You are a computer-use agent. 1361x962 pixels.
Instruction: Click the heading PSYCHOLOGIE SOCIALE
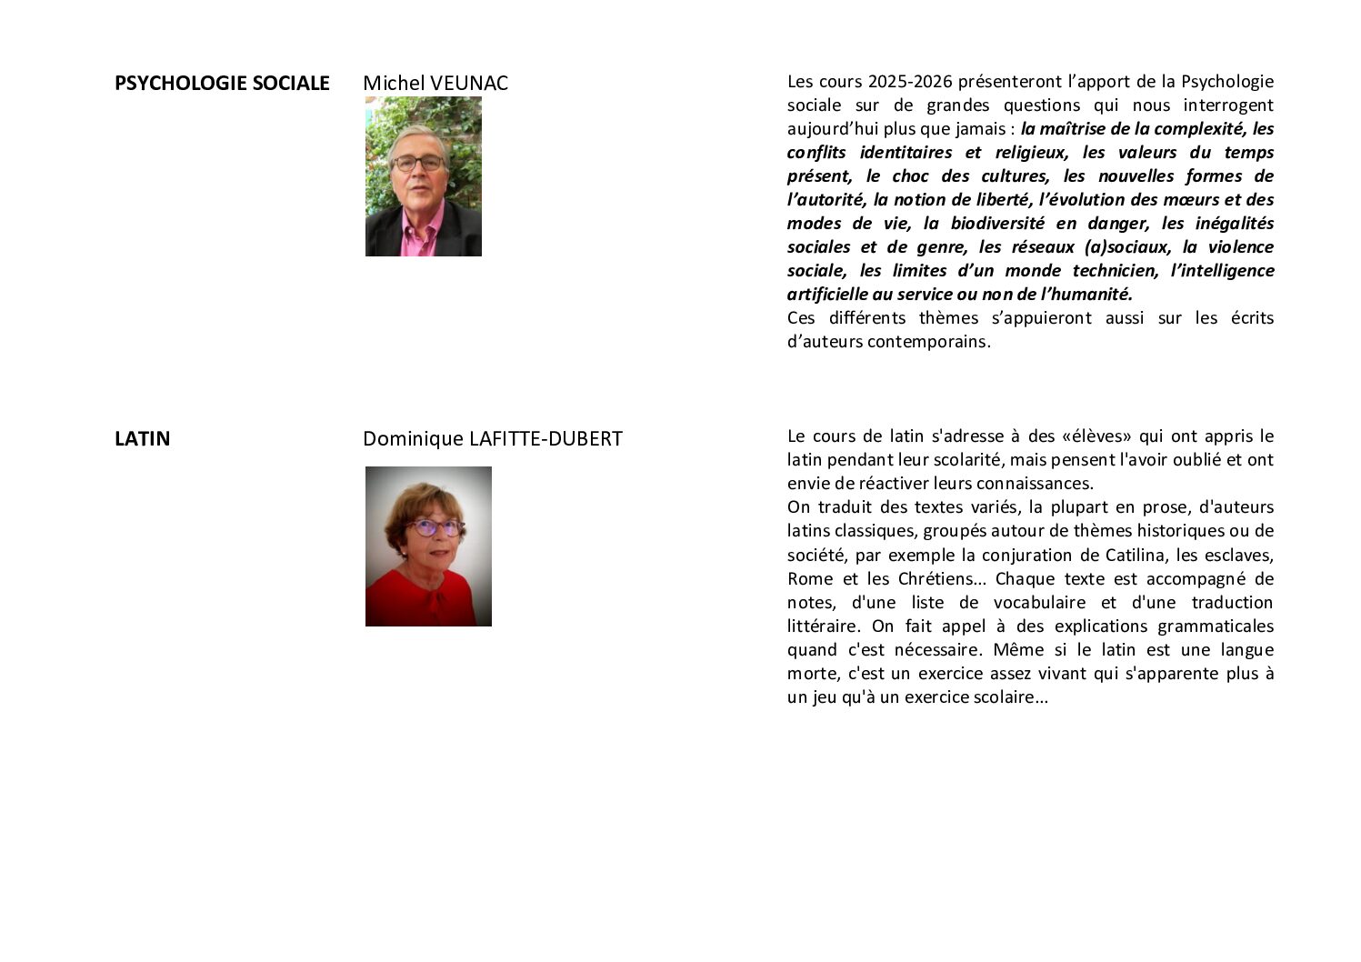[x=221, y=84]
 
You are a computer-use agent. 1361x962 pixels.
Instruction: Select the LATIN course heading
[x=142, y=439]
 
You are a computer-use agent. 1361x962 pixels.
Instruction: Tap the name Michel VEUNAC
[x=435, y=84]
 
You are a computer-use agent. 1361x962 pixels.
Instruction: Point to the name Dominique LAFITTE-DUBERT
[x=492, y=439]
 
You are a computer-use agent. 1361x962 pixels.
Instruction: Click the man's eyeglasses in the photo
[x=419, y=164]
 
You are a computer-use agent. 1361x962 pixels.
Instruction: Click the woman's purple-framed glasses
[x=434, y=526]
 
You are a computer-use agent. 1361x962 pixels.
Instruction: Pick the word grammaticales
[x=1216, y=626]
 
